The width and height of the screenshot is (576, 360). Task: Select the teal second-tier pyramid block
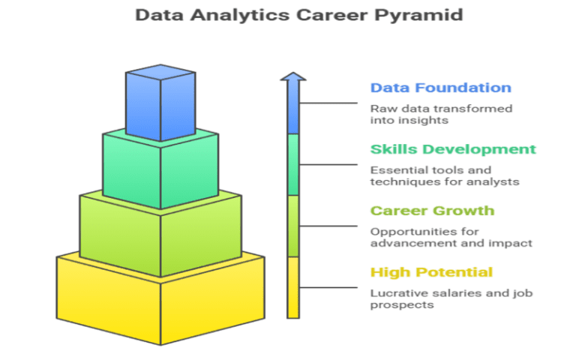pos(160,168)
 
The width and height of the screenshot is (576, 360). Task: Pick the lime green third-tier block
pos(160,232)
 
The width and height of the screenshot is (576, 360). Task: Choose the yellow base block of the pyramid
pos(160,300)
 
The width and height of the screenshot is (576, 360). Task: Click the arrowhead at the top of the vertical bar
pos(292,77)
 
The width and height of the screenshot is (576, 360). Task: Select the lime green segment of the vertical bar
pos(292,226)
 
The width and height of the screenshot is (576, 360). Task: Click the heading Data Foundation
pos(440,88)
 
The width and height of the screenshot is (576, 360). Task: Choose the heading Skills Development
pos(453,149)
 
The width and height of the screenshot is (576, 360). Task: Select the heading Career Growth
pos(432,211)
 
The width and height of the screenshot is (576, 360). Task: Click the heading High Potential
pos(431,271)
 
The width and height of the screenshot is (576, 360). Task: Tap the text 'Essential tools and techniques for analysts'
pos(445,175)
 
